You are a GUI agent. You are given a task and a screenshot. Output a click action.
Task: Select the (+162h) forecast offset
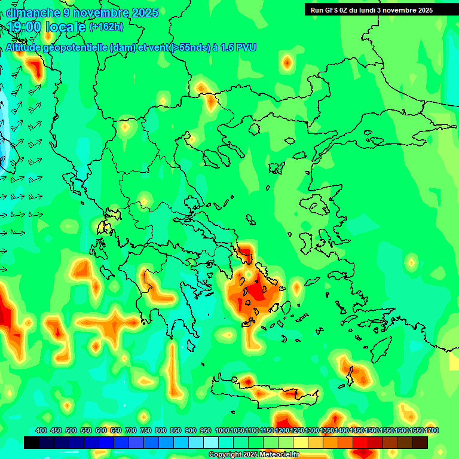[x=106, y=27]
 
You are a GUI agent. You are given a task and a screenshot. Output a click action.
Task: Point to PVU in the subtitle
[x=246, y=47]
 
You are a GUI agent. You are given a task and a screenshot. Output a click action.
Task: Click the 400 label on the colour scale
[x=41, y=431]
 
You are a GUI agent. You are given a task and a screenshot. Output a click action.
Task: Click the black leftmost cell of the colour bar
[x=32, y=442]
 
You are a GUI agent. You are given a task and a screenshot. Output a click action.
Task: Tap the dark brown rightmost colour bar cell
[x=420, y=442]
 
